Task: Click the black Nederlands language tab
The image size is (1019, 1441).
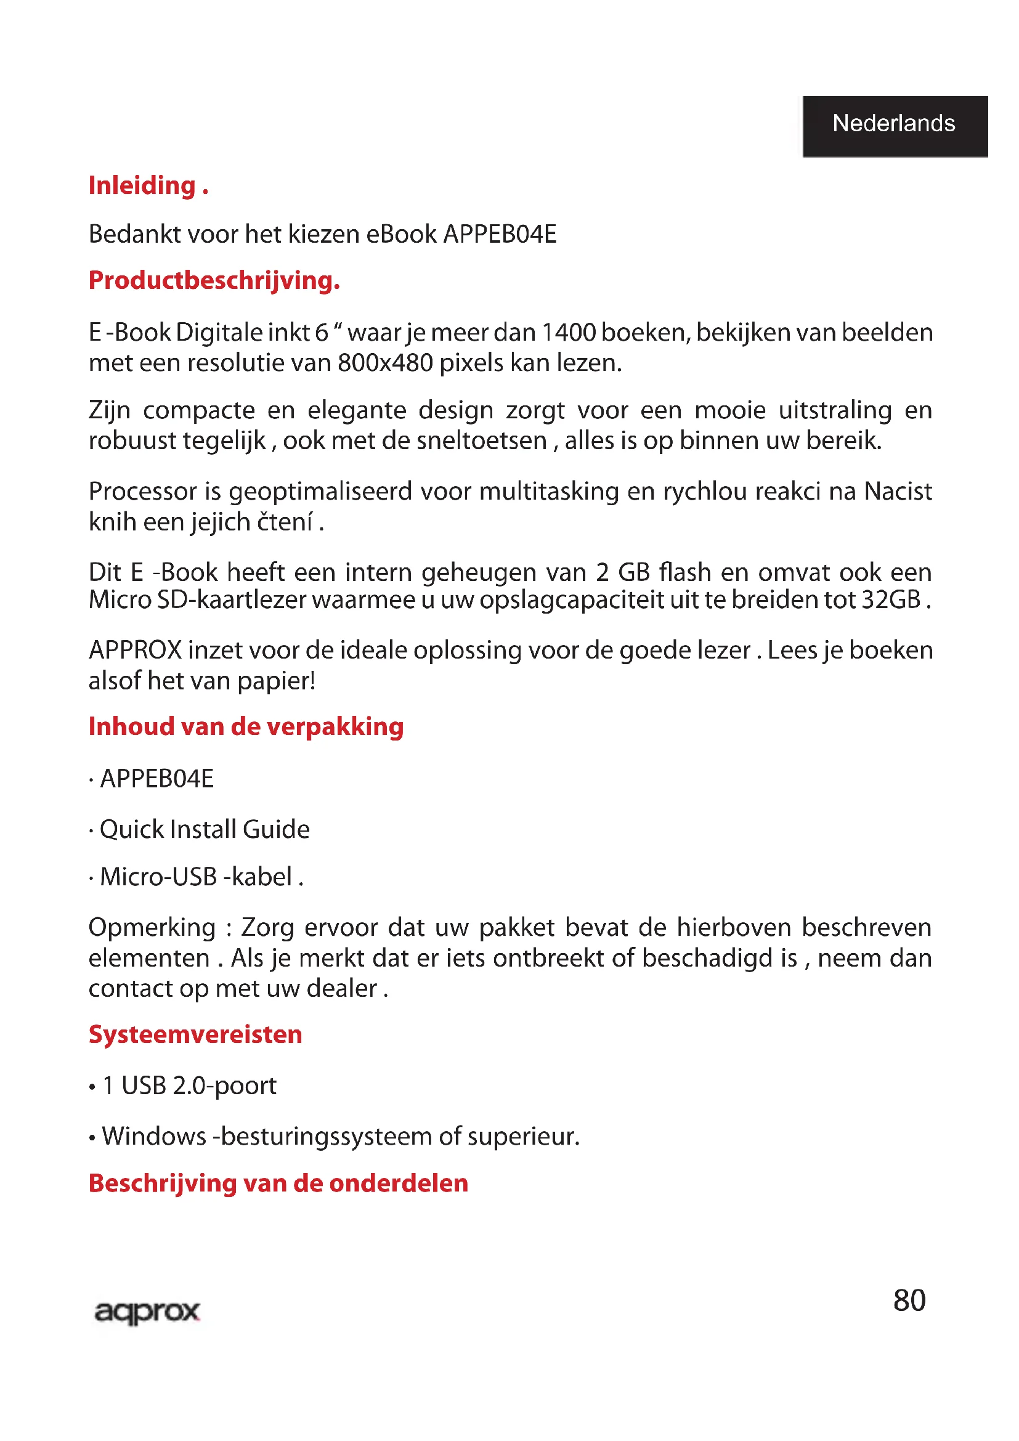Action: pos(895,124)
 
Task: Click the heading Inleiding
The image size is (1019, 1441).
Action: pos(147,186)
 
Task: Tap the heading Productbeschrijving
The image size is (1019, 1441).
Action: pos(214,280)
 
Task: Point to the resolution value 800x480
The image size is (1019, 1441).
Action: pos(385,363)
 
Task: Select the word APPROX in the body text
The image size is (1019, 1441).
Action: pos(135,650)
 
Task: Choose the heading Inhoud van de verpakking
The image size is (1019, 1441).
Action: pos(246,727)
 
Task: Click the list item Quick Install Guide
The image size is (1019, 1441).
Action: pos(205,829)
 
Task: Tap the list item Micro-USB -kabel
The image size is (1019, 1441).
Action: pos(196,877)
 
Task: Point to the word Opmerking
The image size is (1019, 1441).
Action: pos(152,928)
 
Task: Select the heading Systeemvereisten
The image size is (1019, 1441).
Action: pos(195,1034)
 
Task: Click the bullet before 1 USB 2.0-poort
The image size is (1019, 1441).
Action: pos(92,1086)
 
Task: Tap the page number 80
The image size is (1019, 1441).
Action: pos(909,1301)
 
